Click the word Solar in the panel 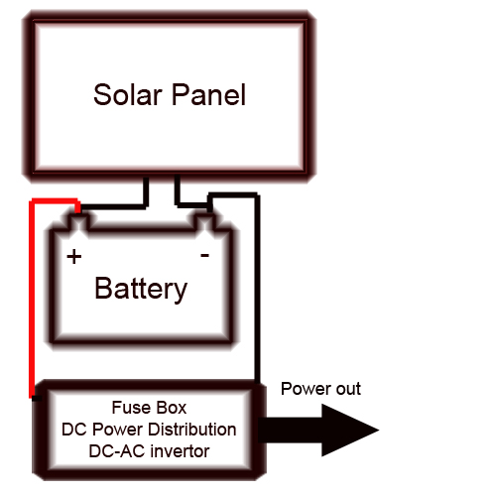click(x=127, y=94)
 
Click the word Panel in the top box click(x=208, y=94)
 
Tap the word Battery click(x=141, y=290)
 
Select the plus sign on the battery click(x=74, y=257)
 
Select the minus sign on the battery click(x=204, y=255)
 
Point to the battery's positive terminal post click(x=78, y=222)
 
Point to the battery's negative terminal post click(x=204, y=222)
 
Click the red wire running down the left click(x=32, y=298)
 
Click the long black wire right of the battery click(x=257, y=288)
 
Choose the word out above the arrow click(x=348, y=389)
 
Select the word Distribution click(x=192, y=430)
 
